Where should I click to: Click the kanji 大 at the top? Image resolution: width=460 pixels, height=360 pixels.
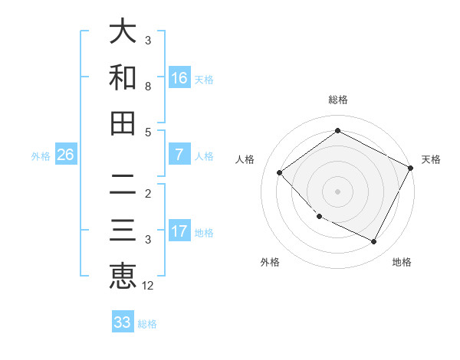[x=123, y=32]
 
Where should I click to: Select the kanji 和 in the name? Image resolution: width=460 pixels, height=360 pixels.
[x=123, y=78]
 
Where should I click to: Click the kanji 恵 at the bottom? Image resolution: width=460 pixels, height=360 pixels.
[x=123, y=276]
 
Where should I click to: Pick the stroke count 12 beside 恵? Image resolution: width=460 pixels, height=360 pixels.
[x=148, y=286]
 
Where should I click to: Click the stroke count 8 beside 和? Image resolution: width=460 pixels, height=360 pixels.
[x=148, y=86]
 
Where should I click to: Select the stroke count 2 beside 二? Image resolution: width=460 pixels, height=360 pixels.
[x=148, y=193]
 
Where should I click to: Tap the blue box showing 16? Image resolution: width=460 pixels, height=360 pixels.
[x=179, y=78]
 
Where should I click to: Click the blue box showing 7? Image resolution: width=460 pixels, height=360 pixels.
[x=179, y=155]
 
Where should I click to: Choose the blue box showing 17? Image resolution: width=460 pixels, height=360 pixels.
[x=179, y=231]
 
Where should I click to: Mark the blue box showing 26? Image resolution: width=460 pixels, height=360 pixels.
[x=65, y=155]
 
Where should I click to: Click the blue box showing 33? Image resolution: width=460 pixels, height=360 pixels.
[x=123, y=322]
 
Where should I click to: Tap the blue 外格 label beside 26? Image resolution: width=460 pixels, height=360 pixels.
[x=41, y=156]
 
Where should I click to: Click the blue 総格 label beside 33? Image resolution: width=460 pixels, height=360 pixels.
[x=147, y=324]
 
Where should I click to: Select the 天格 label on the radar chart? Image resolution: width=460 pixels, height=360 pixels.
[x=431, y=159]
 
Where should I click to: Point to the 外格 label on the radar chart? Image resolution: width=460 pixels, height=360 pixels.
[x=270, y=262]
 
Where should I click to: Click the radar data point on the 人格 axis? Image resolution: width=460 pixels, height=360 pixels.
[x=280, y=172]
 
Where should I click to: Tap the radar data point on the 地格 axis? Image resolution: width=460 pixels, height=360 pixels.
[x=374, y=242]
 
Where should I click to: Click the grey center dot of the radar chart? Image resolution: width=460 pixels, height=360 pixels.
[x=337, y=191]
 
